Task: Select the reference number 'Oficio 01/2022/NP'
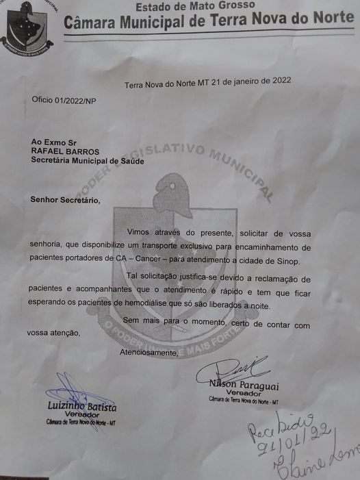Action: tap(64, 100)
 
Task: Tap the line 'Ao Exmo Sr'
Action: tap(53, 141)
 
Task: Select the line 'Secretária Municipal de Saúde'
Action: tap(88, 161)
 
